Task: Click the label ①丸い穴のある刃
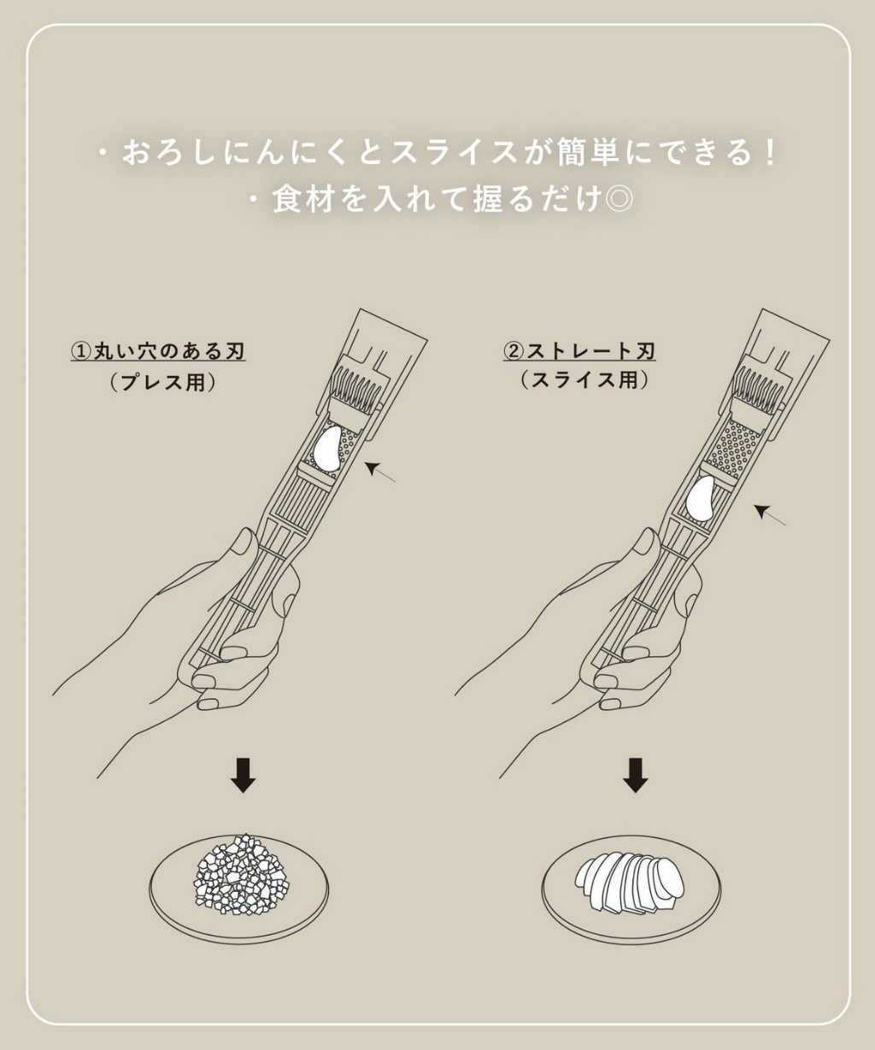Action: point(158,351)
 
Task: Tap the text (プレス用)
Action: point(162,382)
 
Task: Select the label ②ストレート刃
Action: point(579,351)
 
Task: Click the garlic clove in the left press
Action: point(326,450)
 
